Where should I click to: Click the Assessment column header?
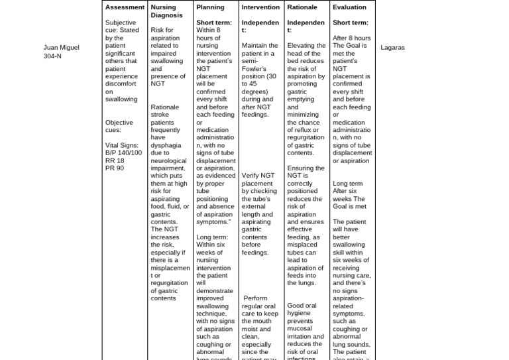(125, 7)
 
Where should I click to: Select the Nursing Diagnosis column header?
(163, 11)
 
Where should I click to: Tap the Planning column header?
(210, 7)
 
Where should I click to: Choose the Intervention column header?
(260, 7)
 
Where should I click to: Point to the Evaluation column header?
(349, 7)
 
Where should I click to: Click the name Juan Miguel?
(61, 48)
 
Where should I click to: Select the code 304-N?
(53, 56)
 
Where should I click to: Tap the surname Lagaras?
(392, 48)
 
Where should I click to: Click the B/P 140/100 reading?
(123, 152)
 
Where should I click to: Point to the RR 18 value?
(115, 160)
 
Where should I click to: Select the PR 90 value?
(115, 168)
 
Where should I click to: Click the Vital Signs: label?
(122, 145)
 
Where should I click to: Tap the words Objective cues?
(119, 126)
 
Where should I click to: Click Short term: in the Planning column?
(214, 23)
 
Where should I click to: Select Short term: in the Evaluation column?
(351, 23)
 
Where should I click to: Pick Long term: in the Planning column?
(212, 237)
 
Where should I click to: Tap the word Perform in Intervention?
(256, 298)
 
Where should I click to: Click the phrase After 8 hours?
(352, 38)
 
